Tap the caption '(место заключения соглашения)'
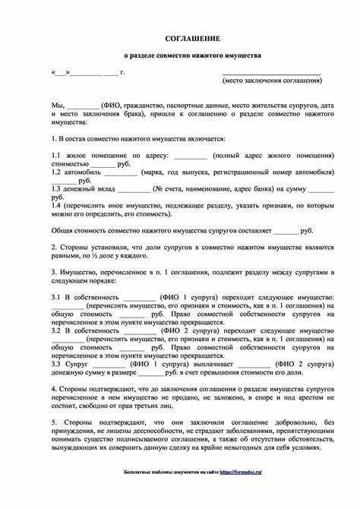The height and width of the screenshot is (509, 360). [271, 80]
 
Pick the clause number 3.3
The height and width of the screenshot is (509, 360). [56, 364]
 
